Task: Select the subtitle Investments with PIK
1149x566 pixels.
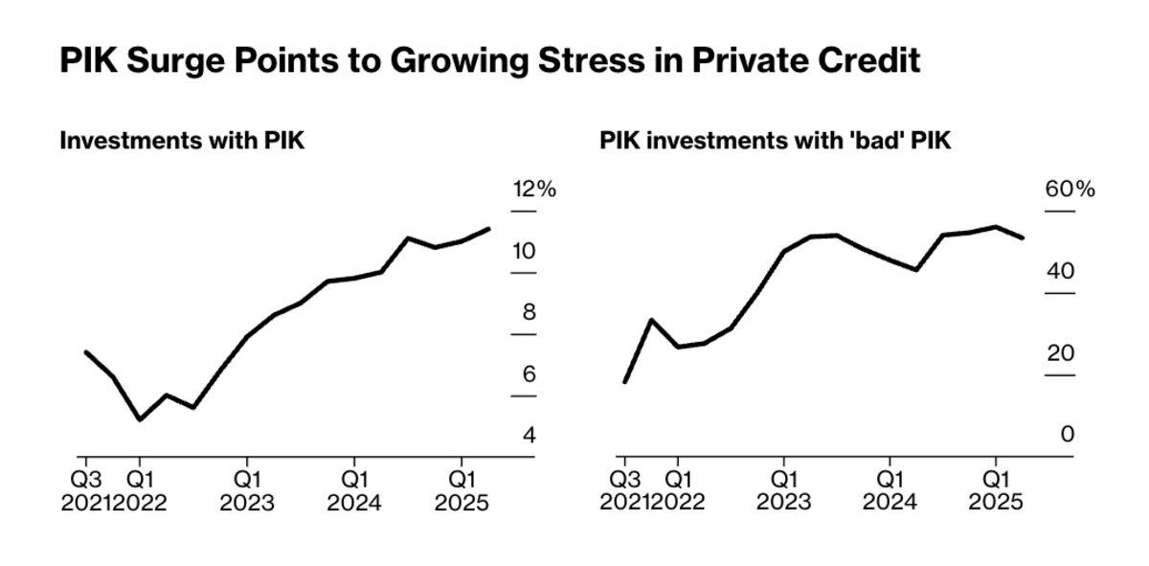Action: click(x=182, y=141)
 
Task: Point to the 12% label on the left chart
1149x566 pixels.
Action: click(x=533, y=190)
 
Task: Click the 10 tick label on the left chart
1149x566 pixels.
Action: click(x=525, y=252)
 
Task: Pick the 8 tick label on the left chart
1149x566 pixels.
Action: click(x=529, y=313)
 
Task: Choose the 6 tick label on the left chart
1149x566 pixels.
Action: click(x=529, y=374)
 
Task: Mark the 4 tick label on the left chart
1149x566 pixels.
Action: click(x=529, y=436)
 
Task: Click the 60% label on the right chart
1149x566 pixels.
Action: click(x=1070, y=190)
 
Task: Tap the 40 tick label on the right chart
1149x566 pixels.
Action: click(x=1061, y=271)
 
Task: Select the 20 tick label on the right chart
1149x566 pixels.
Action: click(x=1061, y=353)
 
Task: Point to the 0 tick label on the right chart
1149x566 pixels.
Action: click(x=1068, y=435)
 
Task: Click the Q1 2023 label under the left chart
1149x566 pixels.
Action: click(x=247, y=489)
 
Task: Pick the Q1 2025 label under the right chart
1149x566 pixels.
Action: click(x=997, y=489)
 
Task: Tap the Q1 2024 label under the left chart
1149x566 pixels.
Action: click(x=355, y=489)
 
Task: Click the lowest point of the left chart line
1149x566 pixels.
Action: click(x=140, y=419)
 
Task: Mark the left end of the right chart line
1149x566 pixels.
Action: click(x=624, y=382)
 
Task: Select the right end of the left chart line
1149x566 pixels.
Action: click(x=489, y=229)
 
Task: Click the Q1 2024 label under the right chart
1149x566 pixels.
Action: click(x=890, y=489)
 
